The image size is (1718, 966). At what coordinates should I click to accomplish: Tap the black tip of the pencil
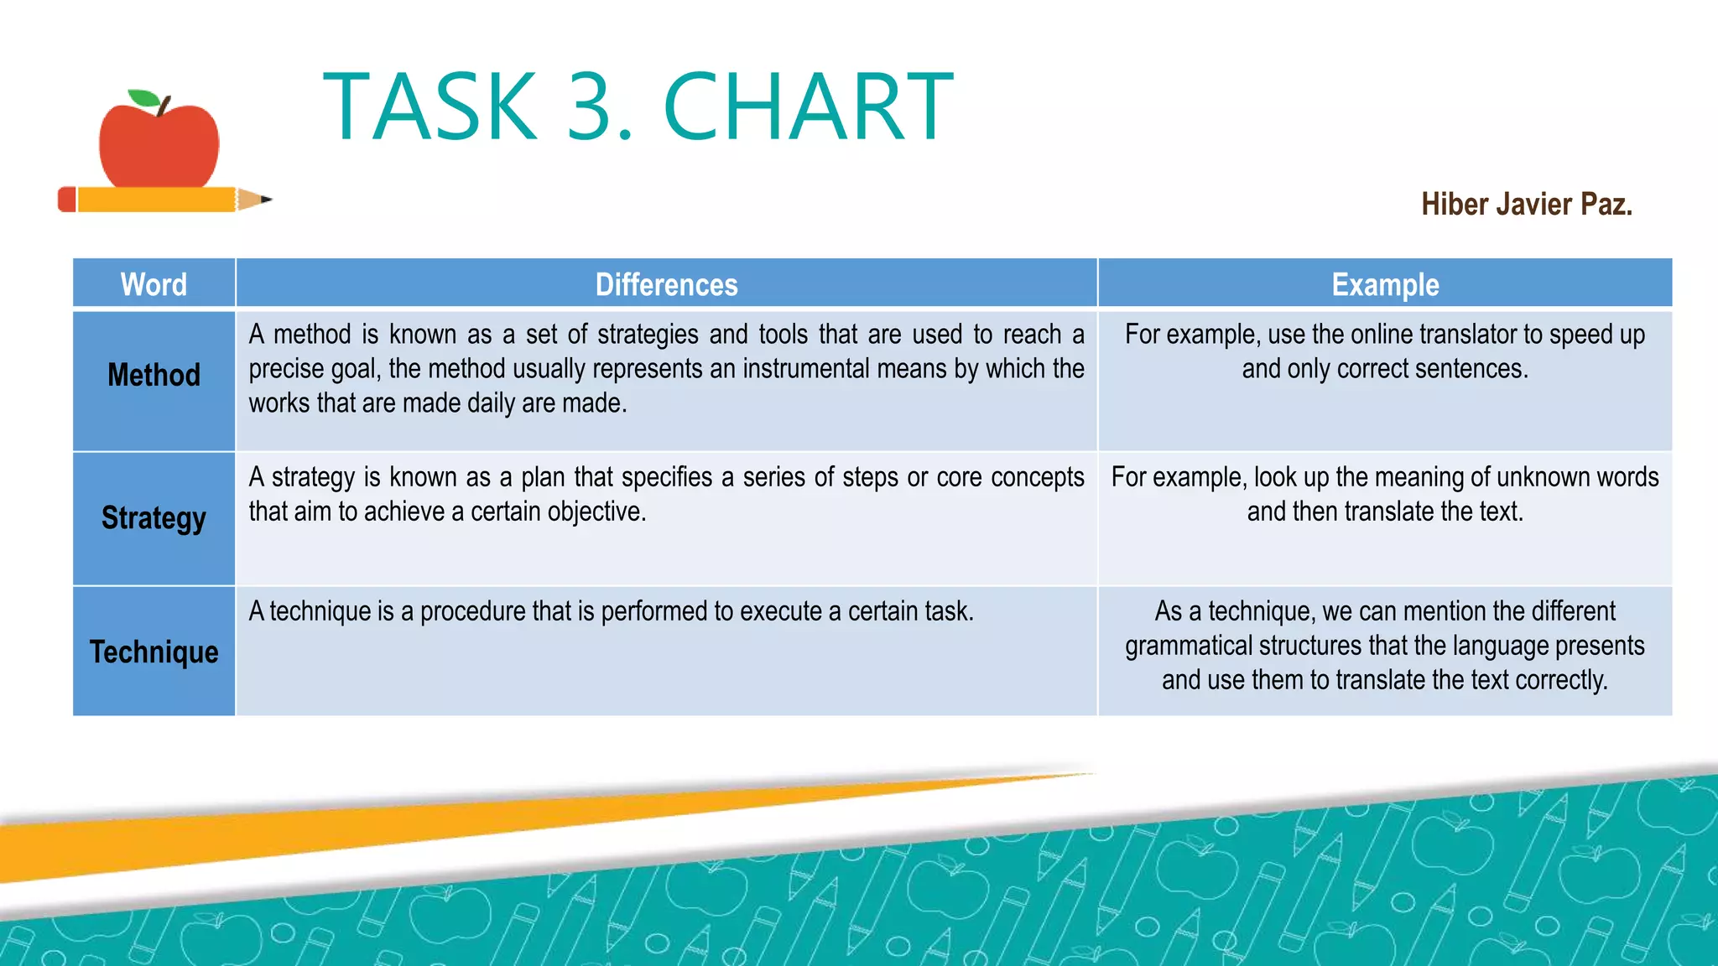point(267,200)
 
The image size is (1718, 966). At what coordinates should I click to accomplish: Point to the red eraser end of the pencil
point(66,200)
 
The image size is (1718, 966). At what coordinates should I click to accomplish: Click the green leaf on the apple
point(143,98)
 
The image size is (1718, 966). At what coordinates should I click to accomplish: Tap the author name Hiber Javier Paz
point(1526,205)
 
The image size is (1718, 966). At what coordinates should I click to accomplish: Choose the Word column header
point(154,284)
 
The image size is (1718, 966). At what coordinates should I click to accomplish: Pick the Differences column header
point(666,284)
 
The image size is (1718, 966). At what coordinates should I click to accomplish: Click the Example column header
point(1385,284)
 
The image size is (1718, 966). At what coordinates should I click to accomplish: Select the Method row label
point(154,375)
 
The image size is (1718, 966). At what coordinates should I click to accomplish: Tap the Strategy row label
point(154,518)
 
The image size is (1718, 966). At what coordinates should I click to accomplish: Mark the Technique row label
point(154,652)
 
